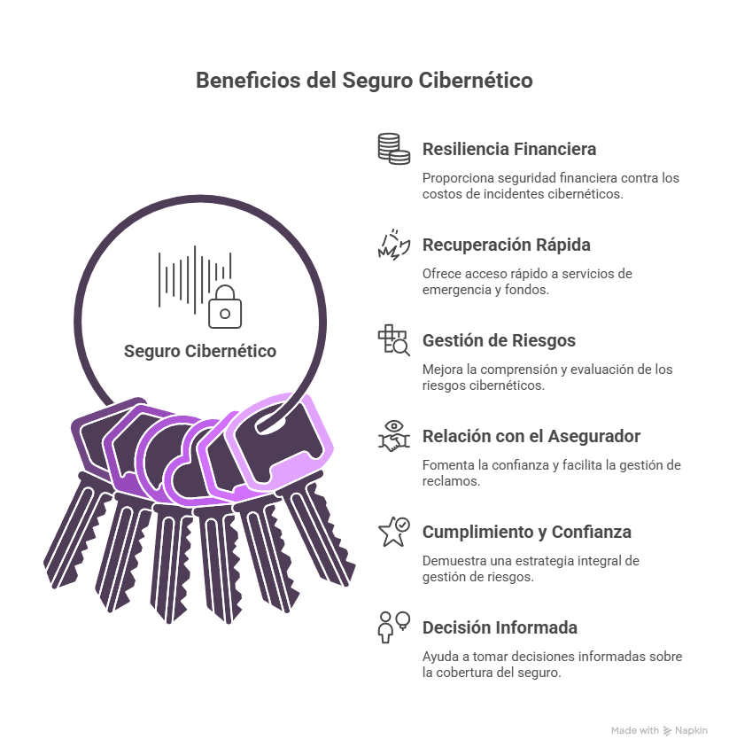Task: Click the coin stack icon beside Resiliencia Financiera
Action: (x=393, y=149)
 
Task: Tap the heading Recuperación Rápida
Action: (x=506, y=245)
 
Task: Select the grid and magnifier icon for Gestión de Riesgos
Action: (x=393, y=340)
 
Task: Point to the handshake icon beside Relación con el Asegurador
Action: (x=393, y=436)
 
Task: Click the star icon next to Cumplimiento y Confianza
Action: (x=393, y=532)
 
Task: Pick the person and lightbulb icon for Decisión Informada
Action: (x=393, y=627)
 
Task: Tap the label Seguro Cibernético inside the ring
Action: (x=200, y=351)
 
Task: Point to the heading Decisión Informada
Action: (x=500, y=627)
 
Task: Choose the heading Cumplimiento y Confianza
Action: (x=527, y=532)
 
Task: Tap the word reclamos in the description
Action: (x=450, y=481)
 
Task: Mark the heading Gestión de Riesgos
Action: (x=499, y=340)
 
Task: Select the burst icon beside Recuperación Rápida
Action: (x=393, y=245)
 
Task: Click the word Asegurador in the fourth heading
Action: (x=594, y=436)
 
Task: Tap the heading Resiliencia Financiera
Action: (x=509, y=149)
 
